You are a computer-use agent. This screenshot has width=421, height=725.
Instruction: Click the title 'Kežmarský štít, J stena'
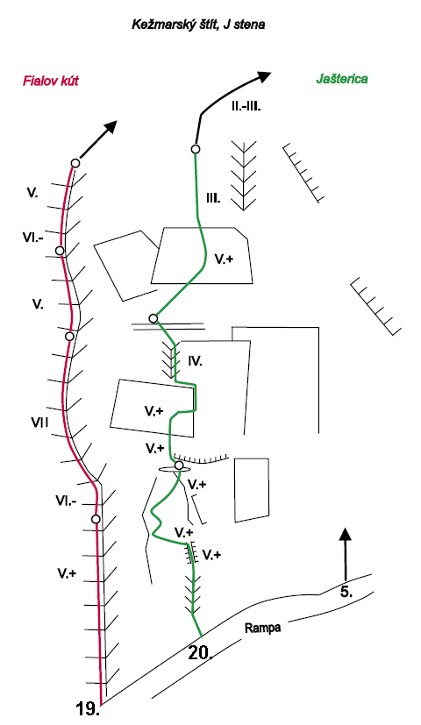(198, 25)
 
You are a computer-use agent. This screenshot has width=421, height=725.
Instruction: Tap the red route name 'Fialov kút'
(50, 81)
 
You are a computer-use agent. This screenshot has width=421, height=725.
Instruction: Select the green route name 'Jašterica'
(342, 79)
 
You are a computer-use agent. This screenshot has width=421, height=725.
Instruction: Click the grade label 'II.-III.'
(246, 107)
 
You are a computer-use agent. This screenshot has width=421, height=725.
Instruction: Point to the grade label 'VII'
(39, 422)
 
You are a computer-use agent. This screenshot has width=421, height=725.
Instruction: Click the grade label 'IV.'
(196, 361)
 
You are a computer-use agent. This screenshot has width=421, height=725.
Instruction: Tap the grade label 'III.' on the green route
(213, 199)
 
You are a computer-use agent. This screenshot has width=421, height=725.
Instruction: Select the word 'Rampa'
(262, 628)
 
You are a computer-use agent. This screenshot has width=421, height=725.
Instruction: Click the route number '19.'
(88, 708)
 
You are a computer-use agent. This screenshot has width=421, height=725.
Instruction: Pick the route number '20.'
(200, 653)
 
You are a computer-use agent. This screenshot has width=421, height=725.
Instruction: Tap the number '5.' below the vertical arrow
(346, 592)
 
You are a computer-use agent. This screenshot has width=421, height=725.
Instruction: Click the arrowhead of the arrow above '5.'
(345, 534)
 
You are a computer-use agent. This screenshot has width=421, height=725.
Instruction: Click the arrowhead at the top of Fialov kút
(111, 127)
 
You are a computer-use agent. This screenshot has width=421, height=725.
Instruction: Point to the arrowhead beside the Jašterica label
(264, 77)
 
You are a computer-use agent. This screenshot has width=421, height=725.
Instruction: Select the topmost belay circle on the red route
(75, 163)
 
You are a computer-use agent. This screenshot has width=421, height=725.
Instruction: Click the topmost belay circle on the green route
(196, 149)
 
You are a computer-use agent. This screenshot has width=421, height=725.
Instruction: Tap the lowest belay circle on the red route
(96, 519)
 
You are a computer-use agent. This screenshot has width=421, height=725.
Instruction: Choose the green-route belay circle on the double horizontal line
(153, 318)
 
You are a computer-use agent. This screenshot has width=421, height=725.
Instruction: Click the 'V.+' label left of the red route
(67, 574)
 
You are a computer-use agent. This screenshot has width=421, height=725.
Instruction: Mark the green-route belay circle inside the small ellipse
(179, 466)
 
